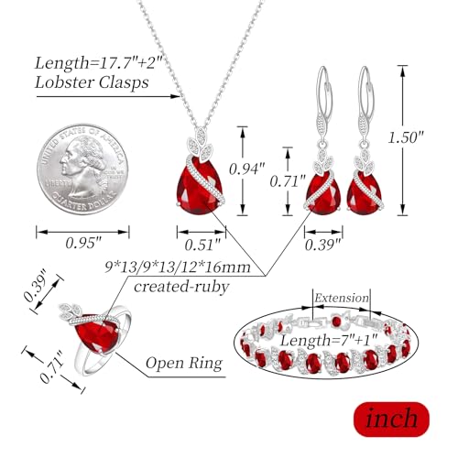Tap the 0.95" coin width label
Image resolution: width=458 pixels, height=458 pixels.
pyautogui.click(x=83, y=243)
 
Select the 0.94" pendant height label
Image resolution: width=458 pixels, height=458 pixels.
pyautogui.click(x=247, y=169)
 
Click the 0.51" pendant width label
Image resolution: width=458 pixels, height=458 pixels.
pyautogui.click(x=202, y=245)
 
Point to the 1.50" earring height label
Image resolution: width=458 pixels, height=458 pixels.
pyautogui.click(x=406, y=137)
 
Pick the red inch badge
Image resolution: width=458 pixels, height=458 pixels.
pyautogui.click(x=391, y=420)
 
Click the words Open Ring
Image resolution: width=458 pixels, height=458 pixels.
pyautogui.click(x=184, y=364)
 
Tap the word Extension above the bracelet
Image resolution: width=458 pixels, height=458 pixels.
pyautogui.click(x=342, y=298)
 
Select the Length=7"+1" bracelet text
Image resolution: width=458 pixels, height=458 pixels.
pyautogui.click(x=329, y=340)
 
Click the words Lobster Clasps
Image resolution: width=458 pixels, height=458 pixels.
pyautogui.click(x=92, y=82)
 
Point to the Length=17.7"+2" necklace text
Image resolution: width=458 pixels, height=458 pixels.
pyautogui.click(x=98, y=63)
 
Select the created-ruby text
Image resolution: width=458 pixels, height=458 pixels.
pyautogui.click(x=181, y=287)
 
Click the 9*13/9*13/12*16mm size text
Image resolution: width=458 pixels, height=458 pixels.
pyautogui.click(x=178, y=267)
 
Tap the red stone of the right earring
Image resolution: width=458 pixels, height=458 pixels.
pyautogui.click(x=365, y=195)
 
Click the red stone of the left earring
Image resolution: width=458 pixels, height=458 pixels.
pyautogui.click(x=323, y=195)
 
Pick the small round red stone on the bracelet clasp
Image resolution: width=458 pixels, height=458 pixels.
pyautogui.click(x=336, y=322)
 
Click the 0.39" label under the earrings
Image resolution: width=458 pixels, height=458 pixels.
pyautogui.click(x=322, y=245)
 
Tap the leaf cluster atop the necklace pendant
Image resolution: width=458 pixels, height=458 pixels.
pyautogui.click(x=201, y=144)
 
